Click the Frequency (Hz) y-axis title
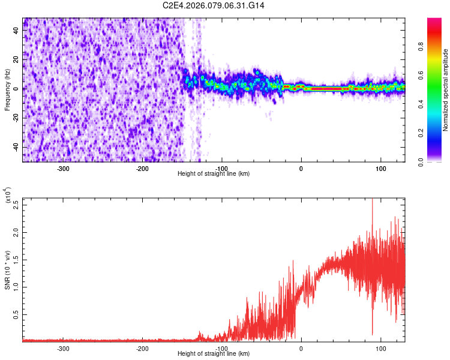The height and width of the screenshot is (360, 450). (7, 89)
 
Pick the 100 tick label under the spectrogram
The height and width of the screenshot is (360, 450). (380, 168)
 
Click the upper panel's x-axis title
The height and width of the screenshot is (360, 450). (214, 174)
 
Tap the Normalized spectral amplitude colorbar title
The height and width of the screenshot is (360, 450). (445, 91)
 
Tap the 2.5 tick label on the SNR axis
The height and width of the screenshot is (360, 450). (16, 204)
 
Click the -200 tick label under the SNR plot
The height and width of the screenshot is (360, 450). (142, 348)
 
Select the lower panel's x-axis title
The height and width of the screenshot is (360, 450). (214, 354)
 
